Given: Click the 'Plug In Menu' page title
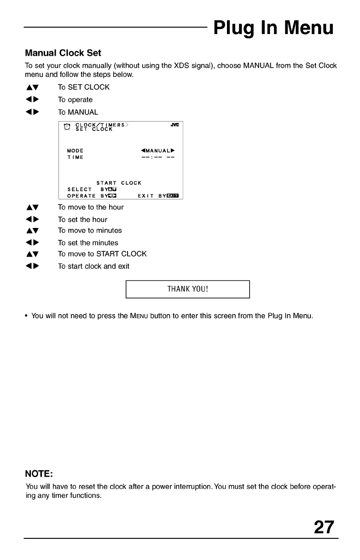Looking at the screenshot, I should (273, 28).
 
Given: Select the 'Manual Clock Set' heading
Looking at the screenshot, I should (63, 53).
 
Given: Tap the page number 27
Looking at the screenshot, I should (324, 526).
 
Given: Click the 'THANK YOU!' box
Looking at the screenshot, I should (187, 289).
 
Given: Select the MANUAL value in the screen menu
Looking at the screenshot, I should (158, 150).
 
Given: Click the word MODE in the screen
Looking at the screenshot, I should (75, 150).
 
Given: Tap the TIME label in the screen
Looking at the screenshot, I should (75, 157).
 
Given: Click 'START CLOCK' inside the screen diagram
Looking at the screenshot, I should (119, 183).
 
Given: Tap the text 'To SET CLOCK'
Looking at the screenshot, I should (83, 87).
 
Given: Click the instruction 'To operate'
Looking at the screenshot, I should (75, 99).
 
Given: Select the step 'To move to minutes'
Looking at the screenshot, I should (90, 230).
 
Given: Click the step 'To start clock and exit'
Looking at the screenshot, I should (93, 266).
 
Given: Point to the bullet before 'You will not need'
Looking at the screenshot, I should (27, 316).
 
